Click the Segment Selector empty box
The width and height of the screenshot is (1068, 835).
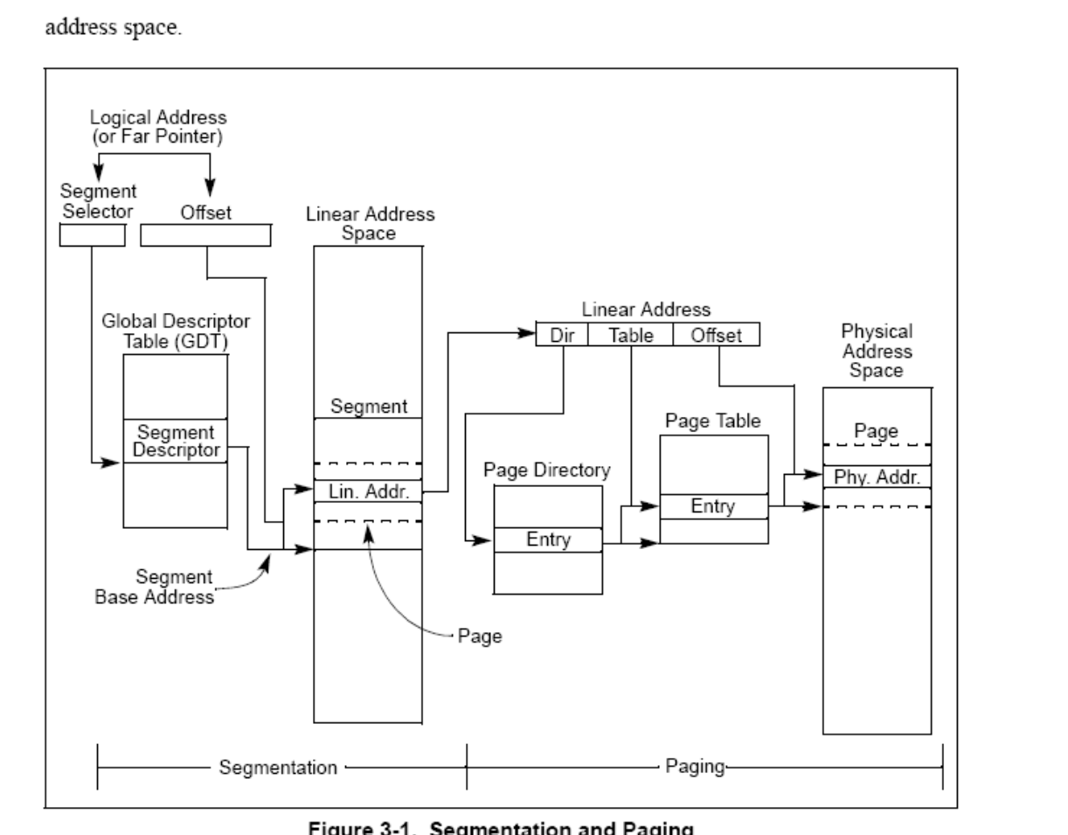click(x=93, y=236)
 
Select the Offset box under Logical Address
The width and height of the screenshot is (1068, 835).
click(x=205, y=236)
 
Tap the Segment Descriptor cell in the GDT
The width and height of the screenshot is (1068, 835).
click(x=176, y=442)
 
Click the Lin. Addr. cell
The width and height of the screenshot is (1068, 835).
click(x=367, y=491)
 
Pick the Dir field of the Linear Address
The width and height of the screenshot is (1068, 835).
click(x=561, y=335)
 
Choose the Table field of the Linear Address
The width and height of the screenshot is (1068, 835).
click(x=629, y=335)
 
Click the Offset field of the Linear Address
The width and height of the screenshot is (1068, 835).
click(x=716, y=335)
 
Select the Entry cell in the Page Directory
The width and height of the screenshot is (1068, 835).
click(x=548, y=540)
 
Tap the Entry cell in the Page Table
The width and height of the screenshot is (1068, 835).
click(x=713, y=507)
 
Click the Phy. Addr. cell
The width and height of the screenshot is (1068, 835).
click(x=877, y=477)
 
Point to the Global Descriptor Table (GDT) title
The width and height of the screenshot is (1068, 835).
click(x=175, y=333)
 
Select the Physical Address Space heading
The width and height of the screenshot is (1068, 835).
click(x=877, y=351)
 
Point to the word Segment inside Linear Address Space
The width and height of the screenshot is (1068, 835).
click(x=367, y=407)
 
